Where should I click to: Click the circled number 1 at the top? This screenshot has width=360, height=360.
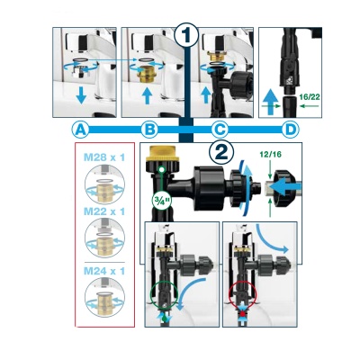click(x=186, y=36)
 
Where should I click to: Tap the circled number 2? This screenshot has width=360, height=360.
click(x=221, y=152)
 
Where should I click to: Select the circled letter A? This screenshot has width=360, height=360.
click(x=80, y=130)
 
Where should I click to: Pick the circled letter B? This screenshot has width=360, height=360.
click(x=149, y=130)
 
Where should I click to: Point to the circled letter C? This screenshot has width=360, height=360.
click(x=220, y=130)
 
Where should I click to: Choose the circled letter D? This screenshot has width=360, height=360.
click(x=290, y=130)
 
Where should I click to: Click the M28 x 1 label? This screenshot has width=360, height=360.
click(x=104, y=157)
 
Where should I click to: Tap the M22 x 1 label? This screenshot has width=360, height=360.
click(x=104, y=211)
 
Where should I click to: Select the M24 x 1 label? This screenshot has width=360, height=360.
click(x=104, y=271)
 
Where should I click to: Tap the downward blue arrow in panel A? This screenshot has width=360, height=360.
click(x=81, y=95)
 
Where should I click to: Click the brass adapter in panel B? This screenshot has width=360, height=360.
click(x=147, y=72)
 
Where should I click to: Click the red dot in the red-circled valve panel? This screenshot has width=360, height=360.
click(x=242, y=314)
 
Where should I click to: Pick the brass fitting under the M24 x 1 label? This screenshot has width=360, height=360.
click(x=104, y=300)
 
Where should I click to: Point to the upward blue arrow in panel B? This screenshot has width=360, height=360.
click(x=147, y=95)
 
